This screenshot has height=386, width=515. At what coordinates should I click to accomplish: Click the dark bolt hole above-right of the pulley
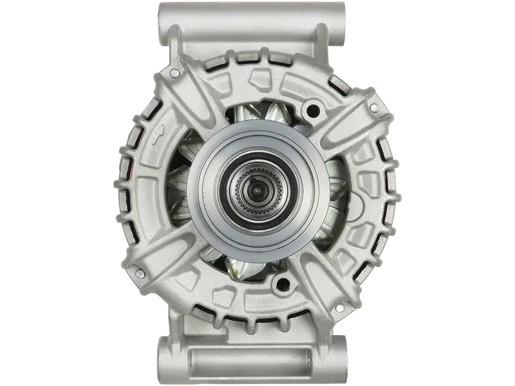point(315,110)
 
